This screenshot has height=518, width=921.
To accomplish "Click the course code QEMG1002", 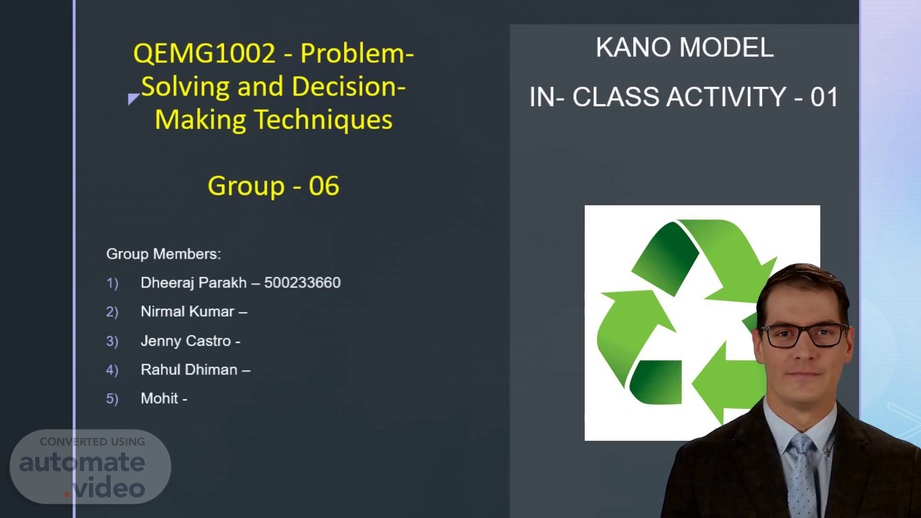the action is point(204,53).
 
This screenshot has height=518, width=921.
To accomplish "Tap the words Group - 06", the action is point(273,186).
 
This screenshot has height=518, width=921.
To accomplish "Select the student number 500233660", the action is point(302,283).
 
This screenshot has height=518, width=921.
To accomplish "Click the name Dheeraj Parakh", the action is point(193,283).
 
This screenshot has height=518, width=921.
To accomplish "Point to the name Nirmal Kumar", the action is point(187,312).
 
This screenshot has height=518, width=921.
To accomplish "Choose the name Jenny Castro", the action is point(186,341).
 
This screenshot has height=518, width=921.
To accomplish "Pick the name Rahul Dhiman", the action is point(189,370).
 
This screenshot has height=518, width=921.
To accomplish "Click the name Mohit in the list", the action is point(159,399).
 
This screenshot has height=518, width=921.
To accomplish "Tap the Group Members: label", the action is point(164,254).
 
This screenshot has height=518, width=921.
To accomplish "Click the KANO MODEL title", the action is point(685,47).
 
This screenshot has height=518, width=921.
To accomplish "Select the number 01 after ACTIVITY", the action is point(824,97).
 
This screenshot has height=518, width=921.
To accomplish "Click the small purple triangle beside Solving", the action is point(133,98).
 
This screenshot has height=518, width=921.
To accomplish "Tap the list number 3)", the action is point(112,341).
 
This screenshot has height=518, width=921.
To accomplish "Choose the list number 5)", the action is point(112,399).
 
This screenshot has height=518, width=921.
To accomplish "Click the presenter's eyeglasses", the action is point(803,335).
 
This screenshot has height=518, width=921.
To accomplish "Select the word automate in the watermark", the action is point(82,462).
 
